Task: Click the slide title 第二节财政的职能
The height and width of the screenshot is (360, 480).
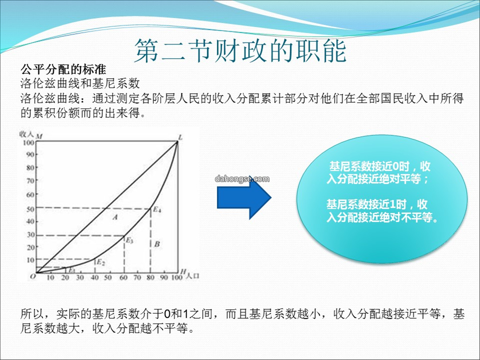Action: (240, 51)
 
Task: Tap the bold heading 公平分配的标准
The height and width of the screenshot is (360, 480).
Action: (64, 69)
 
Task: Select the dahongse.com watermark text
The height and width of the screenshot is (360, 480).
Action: (242, 179)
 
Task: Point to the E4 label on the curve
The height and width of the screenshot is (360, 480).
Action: (157, 210)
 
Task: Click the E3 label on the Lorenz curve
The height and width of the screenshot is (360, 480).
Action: (129, 240)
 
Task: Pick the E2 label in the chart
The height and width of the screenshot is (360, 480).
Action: (101, 262)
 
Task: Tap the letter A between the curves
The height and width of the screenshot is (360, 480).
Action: (115, 217)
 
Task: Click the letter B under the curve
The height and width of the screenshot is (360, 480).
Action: (157, 244)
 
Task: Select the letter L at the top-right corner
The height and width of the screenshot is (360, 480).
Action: (180, 137)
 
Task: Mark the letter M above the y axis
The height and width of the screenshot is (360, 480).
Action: (39, 136)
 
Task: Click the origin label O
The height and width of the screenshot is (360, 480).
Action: (32, 276)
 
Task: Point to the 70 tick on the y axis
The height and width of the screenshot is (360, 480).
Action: (30, 181)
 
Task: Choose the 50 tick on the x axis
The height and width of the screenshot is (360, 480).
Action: (108, 278)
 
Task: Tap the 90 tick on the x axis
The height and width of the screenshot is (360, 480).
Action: (164, 278)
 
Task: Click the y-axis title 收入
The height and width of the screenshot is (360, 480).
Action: (26, 134)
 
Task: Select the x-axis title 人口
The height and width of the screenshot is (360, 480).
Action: (192, 276)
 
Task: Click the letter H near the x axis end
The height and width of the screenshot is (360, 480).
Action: (183, 271)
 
